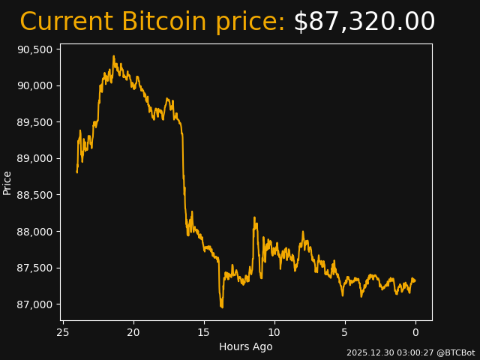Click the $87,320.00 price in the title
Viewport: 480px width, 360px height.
click(x=364, y=22)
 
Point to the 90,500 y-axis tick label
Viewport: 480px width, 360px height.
click(x=36, y=49)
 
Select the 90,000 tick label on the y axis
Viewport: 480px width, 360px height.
click(x=36, y=85)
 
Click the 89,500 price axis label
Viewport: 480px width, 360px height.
click(x=36, y=122)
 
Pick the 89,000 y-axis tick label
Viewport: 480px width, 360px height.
click(x=36, y=158)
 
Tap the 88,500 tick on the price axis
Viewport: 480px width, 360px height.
click(x=36, y=195)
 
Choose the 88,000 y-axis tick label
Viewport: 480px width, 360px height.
click(x=36, y=231)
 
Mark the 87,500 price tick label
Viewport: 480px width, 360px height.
click(x=36, y=268)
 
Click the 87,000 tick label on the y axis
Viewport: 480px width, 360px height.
click(x=36, y=304)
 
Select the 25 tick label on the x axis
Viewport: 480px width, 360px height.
click(x=63, y=332)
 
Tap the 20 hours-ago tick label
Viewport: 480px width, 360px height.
click(x=133, y=332)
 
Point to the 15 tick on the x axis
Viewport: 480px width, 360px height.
click(x=204, y=332)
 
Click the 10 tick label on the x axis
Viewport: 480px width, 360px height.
click(x=274, y=332)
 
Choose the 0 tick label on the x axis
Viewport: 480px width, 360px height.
click(x=415, y=332)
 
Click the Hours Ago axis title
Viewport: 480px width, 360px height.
click(x=246, y=346)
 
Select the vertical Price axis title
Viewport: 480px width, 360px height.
click(x=7, y=182)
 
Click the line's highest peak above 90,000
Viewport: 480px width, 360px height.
click(x=114, y=55)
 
